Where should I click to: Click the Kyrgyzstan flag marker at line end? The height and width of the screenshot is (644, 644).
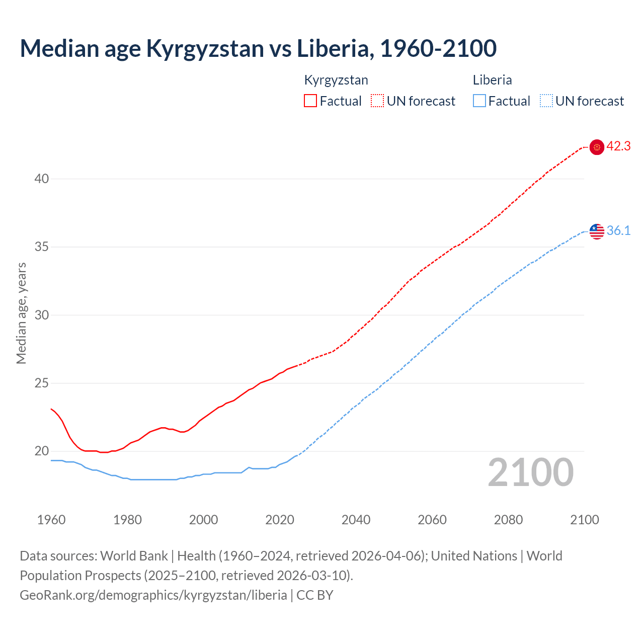[597, 147]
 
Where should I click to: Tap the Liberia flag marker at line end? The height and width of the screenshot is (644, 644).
[597, 231]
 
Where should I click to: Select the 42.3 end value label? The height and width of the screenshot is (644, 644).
[618, 146]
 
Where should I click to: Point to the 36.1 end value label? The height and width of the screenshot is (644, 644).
[618, 231]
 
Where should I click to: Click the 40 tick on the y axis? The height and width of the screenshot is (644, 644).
[42, 179]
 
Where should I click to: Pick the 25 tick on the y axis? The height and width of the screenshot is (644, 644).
[42, 383]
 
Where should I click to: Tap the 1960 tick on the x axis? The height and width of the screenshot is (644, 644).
[51, 520]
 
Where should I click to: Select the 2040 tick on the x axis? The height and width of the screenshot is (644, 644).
[356, 520]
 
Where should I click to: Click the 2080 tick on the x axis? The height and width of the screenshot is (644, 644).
[508, 520]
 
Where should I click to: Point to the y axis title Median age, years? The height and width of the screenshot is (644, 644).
[21, 313]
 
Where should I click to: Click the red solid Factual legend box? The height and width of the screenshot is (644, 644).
[310, 101]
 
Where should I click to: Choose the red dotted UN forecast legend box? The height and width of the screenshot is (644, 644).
[377, 101]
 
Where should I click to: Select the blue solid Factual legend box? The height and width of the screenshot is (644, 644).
[479, 101]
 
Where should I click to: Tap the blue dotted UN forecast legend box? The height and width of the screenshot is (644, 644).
[546, 101]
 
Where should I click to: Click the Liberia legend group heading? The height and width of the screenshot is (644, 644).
[492, 80]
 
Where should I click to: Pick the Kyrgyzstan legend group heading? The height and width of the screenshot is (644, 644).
[336, 80]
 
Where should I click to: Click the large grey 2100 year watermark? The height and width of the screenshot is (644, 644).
[530, 472]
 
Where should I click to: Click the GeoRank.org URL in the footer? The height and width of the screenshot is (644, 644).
[153, 595]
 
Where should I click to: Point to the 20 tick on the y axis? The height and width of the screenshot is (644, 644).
[42, 451]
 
